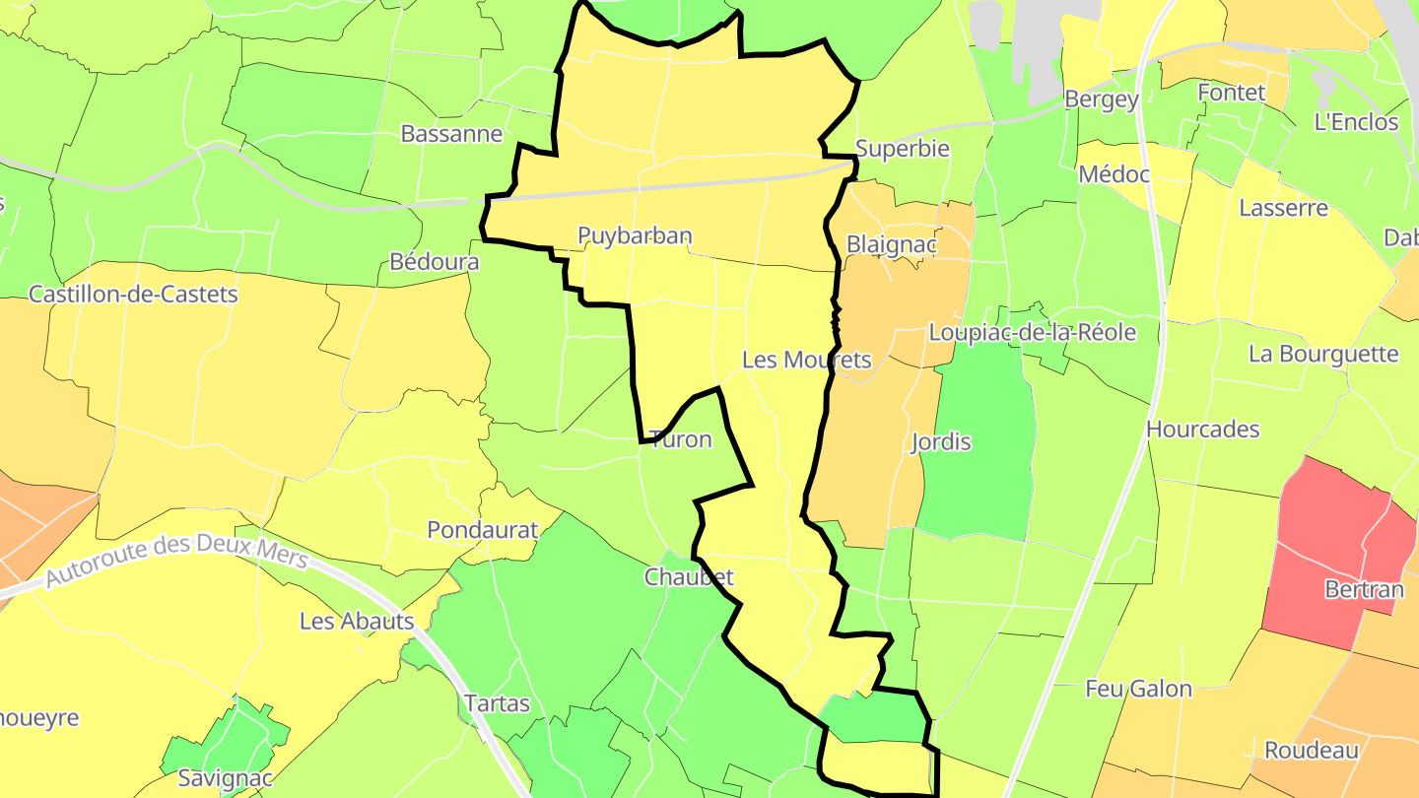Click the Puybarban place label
pyautogui.click(x=635, y=235)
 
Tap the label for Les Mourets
pyautogui.click(x=806, y=360)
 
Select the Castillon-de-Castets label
pyautogui.click(x=133, y=294)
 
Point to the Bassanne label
pyautogui.click(x=451, y=134)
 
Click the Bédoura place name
pyautogui.click(x=435, y=262)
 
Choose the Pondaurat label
pyautogui.click(x=482, y=530)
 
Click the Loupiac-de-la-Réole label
pyautogui.click(x=1032, y=332)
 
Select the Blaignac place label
pyautogui.click(x=890, y=244)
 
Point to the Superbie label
pyautogui.click(x=902, y=149)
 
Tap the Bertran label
pyautogui.click(x=1364, y=590)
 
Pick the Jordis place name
pyautogui.click(x=941, y=441)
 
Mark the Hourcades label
pyautogui.click(x=1202, y=430)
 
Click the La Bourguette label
pyautogui.click(x=1322, y=354)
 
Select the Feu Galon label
pyautogui.click(x=1138, y=689)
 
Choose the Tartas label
pyautogui.click(x=497, y=703)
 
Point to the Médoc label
pyautogui.click(x=1114, y=174)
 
